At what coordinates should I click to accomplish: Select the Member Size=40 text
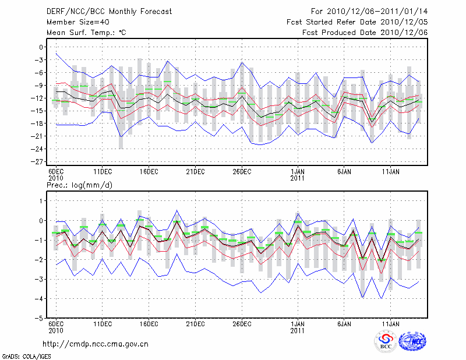[74, 22]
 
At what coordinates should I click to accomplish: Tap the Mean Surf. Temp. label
[86, 33]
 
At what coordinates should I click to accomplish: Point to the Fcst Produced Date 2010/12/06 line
[365, 33]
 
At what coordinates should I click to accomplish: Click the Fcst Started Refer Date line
[357, 22]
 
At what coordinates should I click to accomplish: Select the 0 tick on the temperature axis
[41, 47]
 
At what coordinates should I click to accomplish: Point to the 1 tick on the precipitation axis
[41, 201]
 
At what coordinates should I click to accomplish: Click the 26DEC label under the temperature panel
[242, 171]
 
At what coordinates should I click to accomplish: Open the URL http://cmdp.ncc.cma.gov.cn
[96, 344]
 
